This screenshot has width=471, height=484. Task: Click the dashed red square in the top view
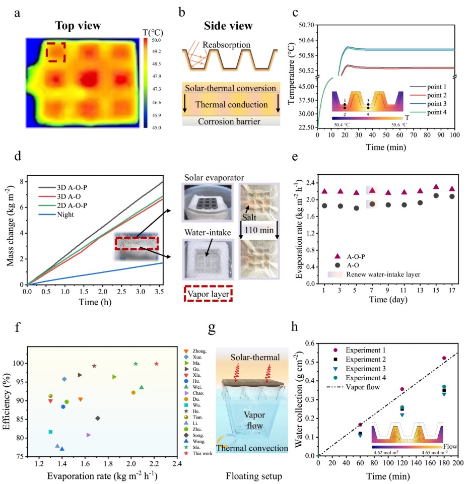(56, 52)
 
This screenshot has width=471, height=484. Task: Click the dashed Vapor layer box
(207, 292)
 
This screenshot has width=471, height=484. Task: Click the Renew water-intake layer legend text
(380, 274)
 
